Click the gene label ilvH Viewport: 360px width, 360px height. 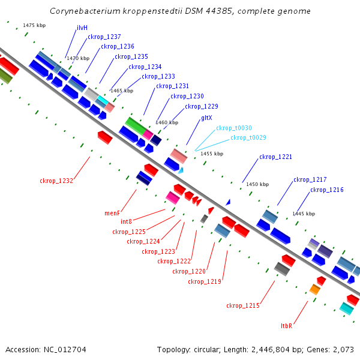pyautogui.click(x=82, y=28)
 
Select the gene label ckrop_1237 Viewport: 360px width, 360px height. pyautogui.click(x=104, y=37)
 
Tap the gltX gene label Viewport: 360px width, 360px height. pyautogui.click(x=206, y=118)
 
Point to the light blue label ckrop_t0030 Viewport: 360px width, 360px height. pyautogui.click(x=234, y=128)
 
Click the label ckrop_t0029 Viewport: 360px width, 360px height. pyautogui.click(x=248, y=137)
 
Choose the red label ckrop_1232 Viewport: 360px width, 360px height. pyautogui.click(x=56, y=181)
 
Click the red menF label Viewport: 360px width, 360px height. pyautogui.click(x=112, y=213)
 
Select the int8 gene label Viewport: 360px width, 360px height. pyautogui.click(x=126, y=221)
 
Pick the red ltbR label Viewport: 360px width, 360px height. pyautogui.click(x=287, y=326)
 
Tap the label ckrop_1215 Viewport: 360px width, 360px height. pyautogui.click(x=243, y=305)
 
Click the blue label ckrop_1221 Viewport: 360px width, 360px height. pyautogui.click(x=275, y=157)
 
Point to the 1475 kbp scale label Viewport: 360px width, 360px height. pyautogui.click(x=34, y=25)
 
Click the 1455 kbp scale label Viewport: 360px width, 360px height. pyautogui.click(x=212, y=154)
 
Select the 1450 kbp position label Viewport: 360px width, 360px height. pyautogui.click(x=257, y=184)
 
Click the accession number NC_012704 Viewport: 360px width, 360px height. pyautogui.click(x=65, y=350)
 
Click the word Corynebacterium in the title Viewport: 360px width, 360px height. pyautogui.click(x=85, y=11)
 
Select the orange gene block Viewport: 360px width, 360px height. pyautogui.click(x=315, y=289)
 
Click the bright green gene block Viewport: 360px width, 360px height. pyautogui.click(x=136, y=126)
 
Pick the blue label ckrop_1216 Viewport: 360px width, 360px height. pyautogui.click(x=327, y=190)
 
